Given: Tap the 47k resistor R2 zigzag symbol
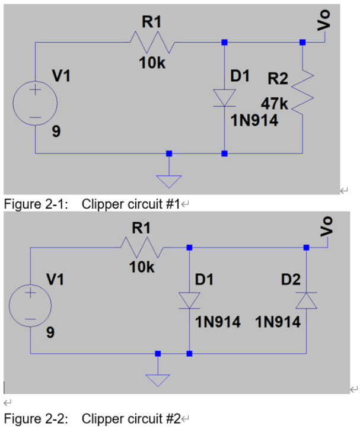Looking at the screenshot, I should click(302, 97).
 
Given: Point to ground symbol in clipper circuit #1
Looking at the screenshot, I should click(169, 172).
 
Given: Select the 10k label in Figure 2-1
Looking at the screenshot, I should click(152, 63).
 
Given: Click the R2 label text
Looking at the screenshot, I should click(277, 78).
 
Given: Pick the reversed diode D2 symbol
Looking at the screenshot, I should click(306, 300).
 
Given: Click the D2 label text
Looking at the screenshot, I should click(291, 278).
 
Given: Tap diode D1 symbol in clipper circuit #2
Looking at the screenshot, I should click(189, 300).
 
